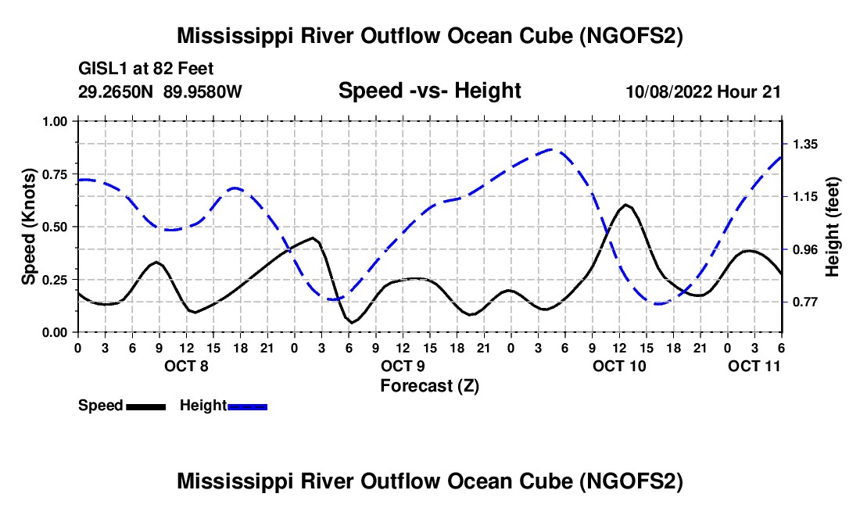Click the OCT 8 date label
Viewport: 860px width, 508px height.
187,366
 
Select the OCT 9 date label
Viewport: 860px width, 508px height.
403,366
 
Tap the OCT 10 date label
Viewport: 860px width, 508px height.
619,366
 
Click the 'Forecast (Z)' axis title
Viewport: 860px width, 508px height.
429,385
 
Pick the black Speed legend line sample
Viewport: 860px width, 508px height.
145,406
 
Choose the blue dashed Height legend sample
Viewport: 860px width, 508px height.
248,406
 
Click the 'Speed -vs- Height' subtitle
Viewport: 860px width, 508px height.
429,91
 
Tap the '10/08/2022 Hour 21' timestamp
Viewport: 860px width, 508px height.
704,91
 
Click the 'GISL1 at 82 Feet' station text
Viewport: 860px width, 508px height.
146,69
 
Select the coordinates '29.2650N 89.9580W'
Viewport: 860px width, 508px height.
160,91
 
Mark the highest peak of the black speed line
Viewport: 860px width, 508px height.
626,205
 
